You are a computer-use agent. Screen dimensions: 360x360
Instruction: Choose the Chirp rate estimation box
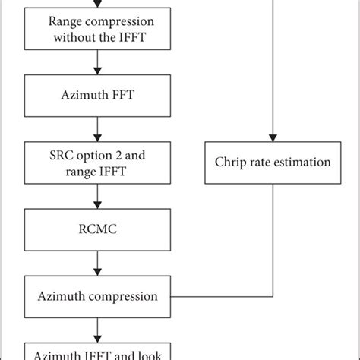tap(272, 162)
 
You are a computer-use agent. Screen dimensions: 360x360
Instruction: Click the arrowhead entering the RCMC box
tap(97, 205)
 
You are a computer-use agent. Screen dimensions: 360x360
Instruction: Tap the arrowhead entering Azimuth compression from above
tap(97, 273)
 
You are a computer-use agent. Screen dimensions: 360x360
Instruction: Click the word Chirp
tap(234, 162)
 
